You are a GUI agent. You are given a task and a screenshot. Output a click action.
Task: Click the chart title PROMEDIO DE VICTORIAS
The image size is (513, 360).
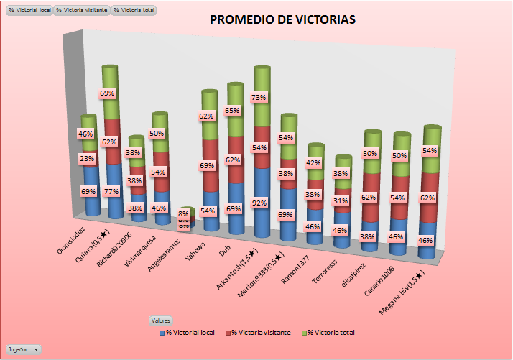click(282, 19)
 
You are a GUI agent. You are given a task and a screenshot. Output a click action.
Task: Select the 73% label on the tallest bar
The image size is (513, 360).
click(259, 97)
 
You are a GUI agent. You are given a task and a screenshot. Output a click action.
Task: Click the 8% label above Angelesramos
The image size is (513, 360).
click(184, 214)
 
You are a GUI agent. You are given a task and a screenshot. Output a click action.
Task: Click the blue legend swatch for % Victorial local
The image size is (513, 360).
click(162, 333)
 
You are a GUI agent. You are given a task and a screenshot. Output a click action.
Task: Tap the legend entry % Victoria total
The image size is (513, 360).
click(331, 333)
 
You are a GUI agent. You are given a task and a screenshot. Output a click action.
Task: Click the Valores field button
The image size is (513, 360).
click(161, 320)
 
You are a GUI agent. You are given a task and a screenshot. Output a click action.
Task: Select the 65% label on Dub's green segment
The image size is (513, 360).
click(233, 111)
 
